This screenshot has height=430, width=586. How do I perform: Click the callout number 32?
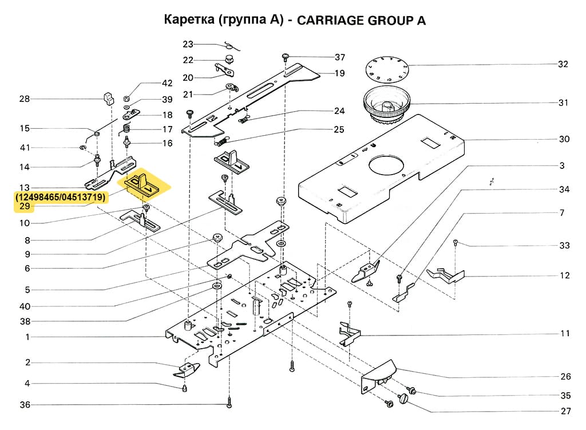tap(563, 64)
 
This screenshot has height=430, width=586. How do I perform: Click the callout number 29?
tap(25, 207)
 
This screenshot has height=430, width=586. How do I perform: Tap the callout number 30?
tap(564, 139)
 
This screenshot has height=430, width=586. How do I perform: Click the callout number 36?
tap(25, 405)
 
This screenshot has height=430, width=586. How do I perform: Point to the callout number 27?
tap(565, 411)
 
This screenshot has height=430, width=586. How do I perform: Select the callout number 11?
tap(565, 333)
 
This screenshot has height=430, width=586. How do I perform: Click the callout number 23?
tap(188, 44)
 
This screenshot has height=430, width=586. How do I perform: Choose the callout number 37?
tap(340, 57)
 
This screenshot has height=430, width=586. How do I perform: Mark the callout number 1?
tap(27, 337)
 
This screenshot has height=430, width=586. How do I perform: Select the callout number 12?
tap(565, 275)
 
